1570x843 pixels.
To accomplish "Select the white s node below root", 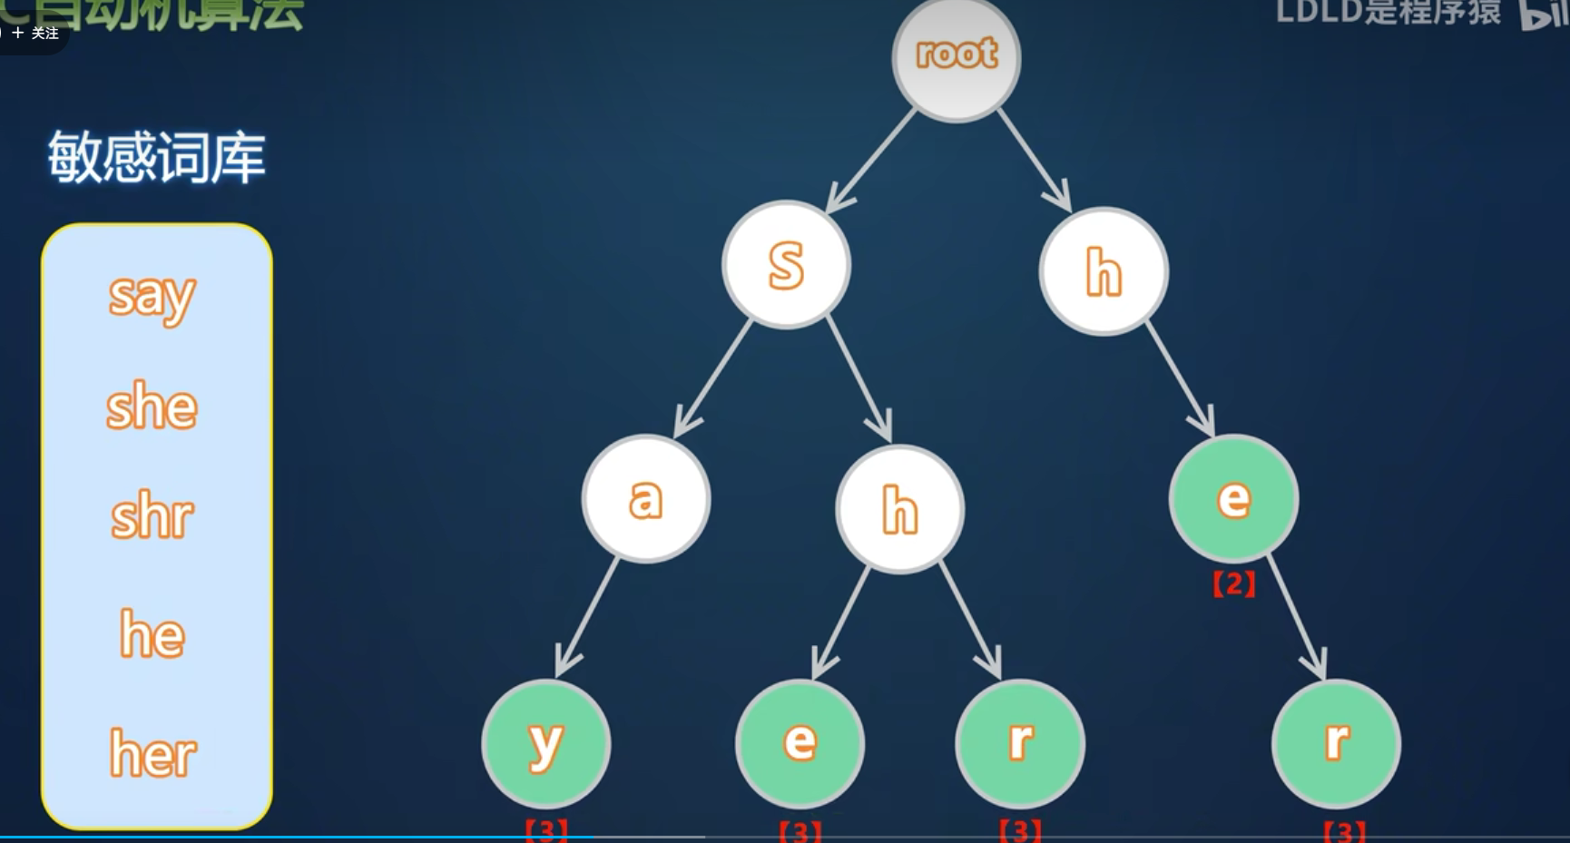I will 786,264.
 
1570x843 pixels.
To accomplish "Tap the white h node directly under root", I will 1104,271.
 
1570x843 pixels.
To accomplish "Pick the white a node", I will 645,498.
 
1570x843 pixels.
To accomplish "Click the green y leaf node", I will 545,744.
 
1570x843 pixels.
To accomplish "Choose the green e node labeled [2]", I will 1233,498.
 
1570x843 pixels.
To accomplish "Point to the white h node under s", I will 899,508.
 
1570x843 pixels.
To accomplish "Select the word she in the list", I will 152,406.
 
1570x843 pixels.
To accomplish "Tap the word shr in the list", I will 152,516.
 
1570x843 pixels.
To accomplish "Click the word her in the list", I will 152,753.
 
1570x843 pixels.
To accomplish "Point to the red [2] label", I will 1233,584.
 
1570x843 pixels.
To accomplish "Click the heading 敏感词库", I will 156,158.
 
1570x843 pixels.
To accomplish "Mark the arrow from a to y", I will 587,617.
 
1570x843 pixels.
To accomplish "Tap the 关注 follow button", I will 36,33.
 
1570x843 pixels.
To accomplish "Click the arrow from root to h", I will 1034,160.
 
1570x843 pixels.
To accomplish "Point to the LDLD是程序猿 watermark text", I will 1388,13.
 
